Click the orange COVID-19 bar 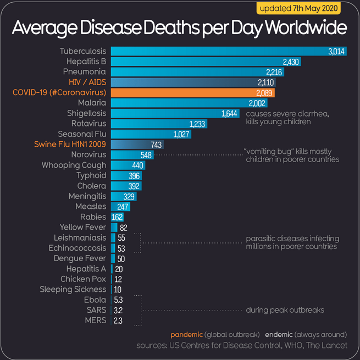192,92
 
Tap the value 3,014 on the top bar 336,52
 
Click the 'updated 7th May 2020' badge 299,9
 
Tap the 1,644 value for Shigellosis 230,113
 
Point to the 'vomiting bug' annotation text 291,155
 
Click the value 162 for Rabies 117,217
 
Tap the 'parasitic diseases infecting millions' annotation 292,242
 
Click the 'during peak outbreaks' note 285,310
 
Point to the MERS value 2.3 118,320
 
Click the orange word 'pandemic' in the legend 186,334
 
